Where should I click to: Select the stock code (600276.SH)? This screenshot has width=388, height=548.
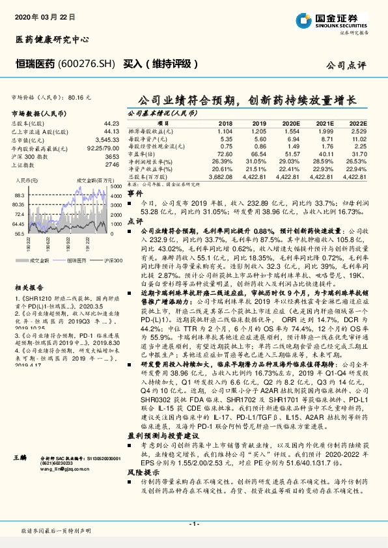pos(86,64)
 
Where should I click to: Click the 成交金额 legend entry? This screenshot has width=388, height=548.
pos(40,260)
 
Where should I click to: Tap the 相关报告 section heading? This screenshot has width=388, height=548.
pos(29,286)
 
